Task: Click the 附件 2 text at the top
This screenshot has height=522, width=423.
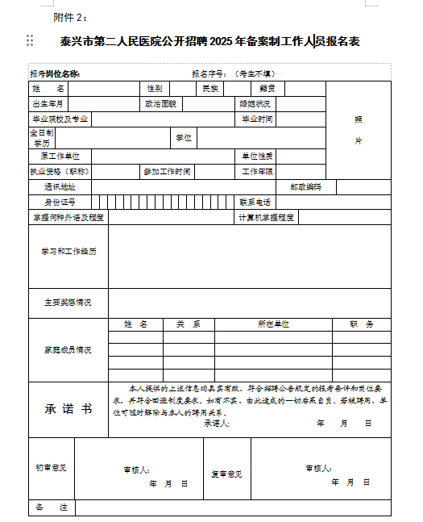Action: click(70, 17)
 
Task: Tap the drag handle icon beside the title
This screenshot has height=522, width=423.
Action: click(30, 40)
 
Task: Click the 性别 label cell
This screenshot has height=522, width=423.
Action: click(154, 88)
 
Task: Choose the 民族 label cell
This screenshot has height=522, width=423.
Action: click(209, 88)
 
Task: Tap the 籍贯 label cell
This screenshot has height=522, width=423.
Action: click(267, 88)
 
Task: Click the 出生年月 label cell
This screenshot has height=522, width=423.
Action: click(48, 104)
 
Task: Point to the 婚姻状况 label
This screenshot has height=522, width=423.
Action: click(255, 104)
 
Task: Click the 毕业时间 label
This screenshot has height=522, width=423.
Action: click(258, 119)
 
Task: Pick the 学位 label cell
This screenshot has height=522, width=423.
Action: click(184, 138)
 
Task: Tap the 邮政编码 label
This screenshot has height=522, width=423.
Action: click(305, 186)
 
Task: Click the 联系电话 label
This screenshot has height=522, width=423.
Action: click(255, 202)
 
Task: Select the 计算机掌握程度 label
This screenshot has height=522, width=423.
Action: click(266, 217)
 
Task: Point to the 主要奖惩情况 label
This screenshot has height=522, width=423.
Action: click(68, 303)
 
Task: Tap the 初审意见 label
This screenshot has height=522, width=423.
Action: click(51, 468)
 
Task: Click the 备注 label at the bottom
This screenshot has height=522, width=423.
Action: click(51, 507)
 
